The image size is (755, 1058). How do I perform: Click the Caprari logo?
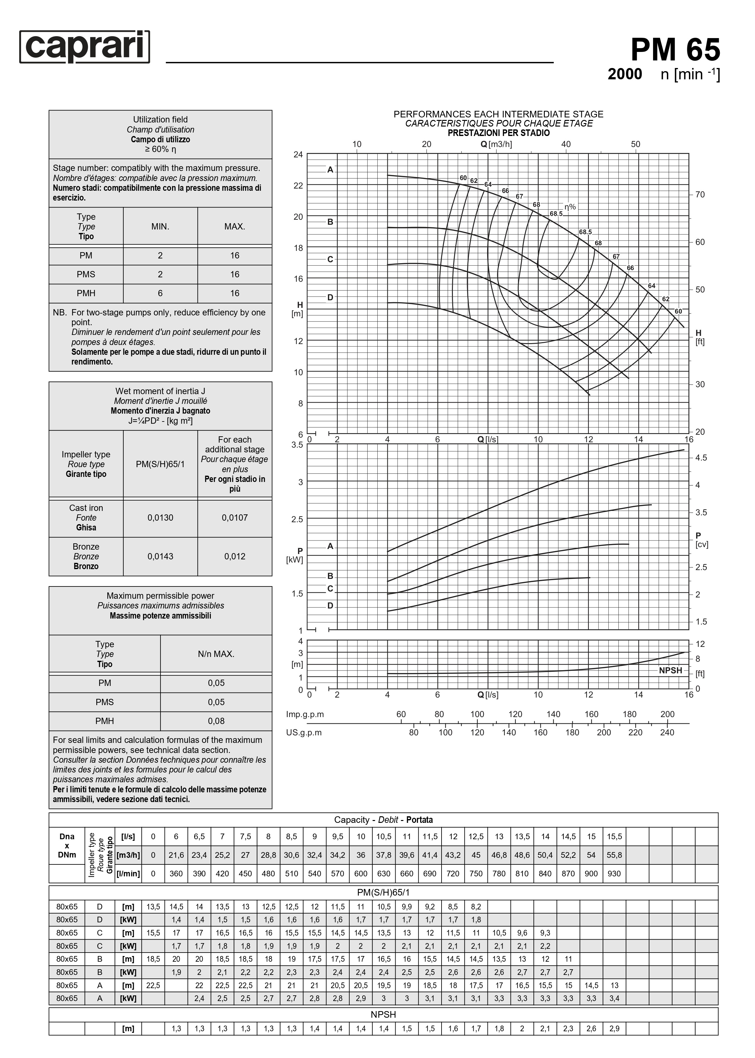coord(85,47)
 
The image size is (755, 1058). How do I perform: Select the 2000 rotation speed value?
coord(624,74)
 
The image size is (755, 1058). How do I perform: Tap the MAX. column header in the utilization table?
coord(234,226)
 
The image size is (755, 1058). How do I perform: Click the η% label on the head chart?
coord(570,207)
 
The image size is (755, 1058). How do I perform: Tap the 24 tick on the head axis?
coord(298,154)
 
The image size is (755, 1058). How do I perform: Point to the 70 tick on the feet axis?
coord(700,195)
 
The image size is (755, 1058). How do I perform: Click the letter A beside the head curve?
coord(330,170)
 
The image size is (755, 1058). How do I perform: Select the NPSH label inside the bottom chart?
coord(670,670)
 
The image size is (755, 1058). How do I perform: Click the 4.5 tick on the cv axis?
coord(701,458)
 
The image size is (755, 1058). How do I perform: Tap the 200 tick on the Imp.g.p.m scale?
coord(667,714)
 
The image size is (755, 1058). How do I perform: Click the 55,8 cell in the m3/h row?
coord(614,855)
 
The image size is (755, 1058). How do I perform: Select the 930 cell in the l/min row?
coord(614,873)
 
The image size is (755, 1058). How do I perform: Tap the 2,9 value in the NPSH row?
coord(614,1028)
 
